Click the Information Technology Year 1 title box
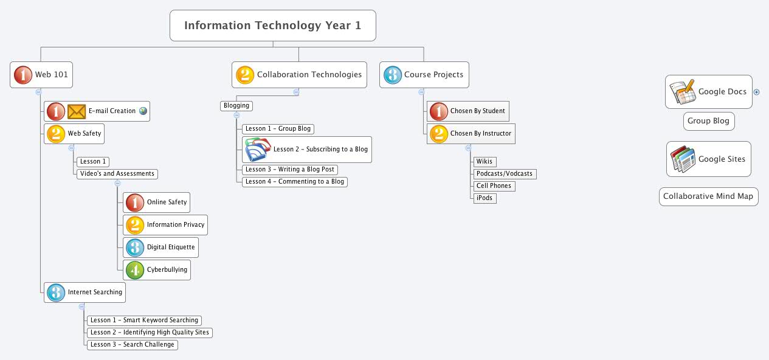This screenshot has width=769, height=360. pyautogui.click(x=272, y=26)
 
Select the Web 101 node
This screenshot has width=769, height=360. pyautogui.click(x=42, y=75)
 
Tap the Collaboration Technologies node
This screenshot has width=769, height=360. pyautogui.click(x=300, y=75)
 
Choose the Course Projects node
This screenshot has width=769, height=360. pyautogui.click(x=424, y=75)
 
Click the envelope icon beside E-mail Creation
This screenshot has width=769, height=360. pyautogui.click(x=77, y=111)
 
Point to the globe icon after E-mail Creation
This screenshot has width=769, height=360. pyautogui.click(x=143, y=111)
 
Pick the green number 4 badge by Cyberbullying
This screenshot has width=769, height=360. pyautogui.click(x=134, y=270)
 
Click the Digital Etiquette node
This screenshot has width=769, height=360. pyautogui.click(x=160, y=247)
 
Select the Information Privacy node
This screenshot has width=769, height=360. pyautogui.click(x=165, y=225)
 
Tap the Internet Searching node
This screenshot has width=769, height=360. pyautogui.click(x=84, y=292)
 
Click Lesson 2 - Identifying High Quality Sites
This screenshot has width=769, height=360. pyautogui.click(x=150, y=333)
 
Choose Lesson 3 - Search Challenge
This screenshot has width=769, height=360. pyautogui.click(x=133, y=345)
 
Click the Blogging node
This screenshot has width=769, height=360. pyautogui.click(x=236, y=106)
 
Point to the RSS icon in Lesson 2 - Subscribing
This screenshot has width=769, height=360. pyautogui.click(x=257, y=150)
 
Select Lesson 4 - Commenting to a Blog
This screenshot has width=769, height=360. pyautogui.click(x=295, y=181)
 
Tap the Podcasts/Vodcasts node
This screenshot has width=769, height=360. pyautogui.click(x=505, y=174)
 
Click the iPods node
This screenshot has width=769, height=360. pyautogui.click(x=485, y=198)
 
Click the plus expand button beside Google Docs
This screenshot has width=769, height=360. pyautogui.click(x=757, y=92)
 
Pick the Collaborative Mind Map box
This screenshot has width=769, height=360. pyautogui.click(x=708, y=196)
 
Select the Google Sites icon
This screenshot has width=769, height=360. pyautogui.click(x=683, y=159)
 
